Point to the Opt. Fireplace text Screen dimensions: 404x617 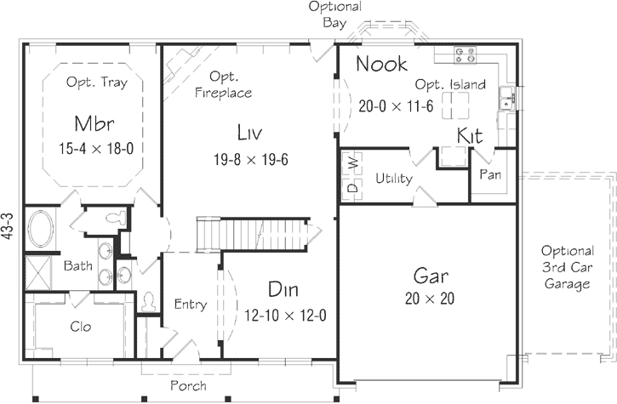[223, 84]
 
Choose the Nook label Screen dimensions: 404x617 [380, 64]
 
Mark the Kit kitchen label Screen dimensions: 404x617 [471, 136]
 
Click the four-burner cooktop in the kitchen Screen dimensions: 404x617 [465, 54]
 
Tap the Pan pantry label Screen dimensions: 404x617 [489, 174]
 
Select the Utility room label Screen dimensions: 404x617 [393, 179]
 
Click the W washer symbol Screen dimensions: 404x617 [351, 161]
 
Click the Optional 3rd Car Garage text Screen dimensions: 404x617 [567, 267]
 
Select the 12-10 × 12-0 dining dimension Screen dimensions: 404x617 [285, 316]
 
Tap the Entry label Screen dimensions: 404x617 [191, 304]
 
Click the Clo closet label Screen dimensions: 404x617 [81, 326]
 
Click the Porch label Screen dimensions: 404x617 [188, 385]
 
